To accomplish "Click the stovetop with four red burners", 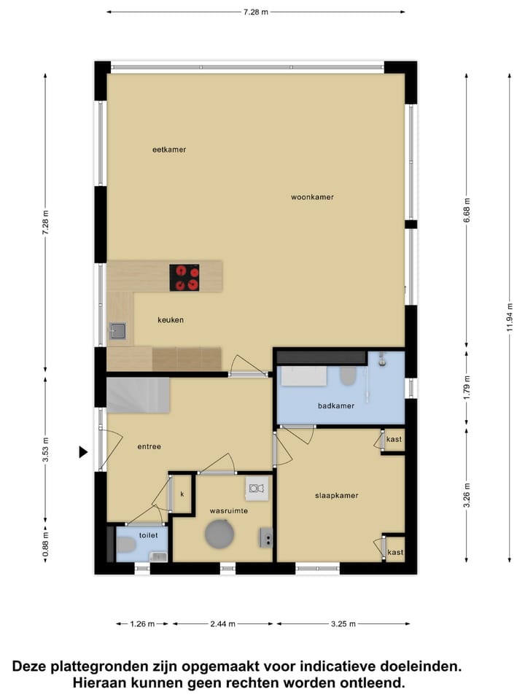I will click(184, 277).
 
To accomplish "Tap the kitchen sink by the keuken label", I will click(117, 332).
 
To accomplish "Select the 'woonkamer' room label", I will click(312, 197).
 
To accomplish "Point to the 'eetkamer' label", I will click(169, 149).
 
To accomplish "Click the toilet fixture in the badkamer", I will click(348, 376).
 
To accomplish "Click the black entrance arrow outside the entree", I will click(83, 452).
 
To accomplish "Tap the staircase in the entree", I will click(139, 394).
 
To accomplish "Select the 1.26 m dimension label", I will click(143, 624).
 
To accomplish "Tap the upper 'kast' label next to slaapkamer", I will click(394, 440).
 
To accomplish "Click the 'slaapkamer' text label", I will click(336, 495).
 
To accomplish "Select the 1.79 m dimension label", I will click(467, 387).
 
